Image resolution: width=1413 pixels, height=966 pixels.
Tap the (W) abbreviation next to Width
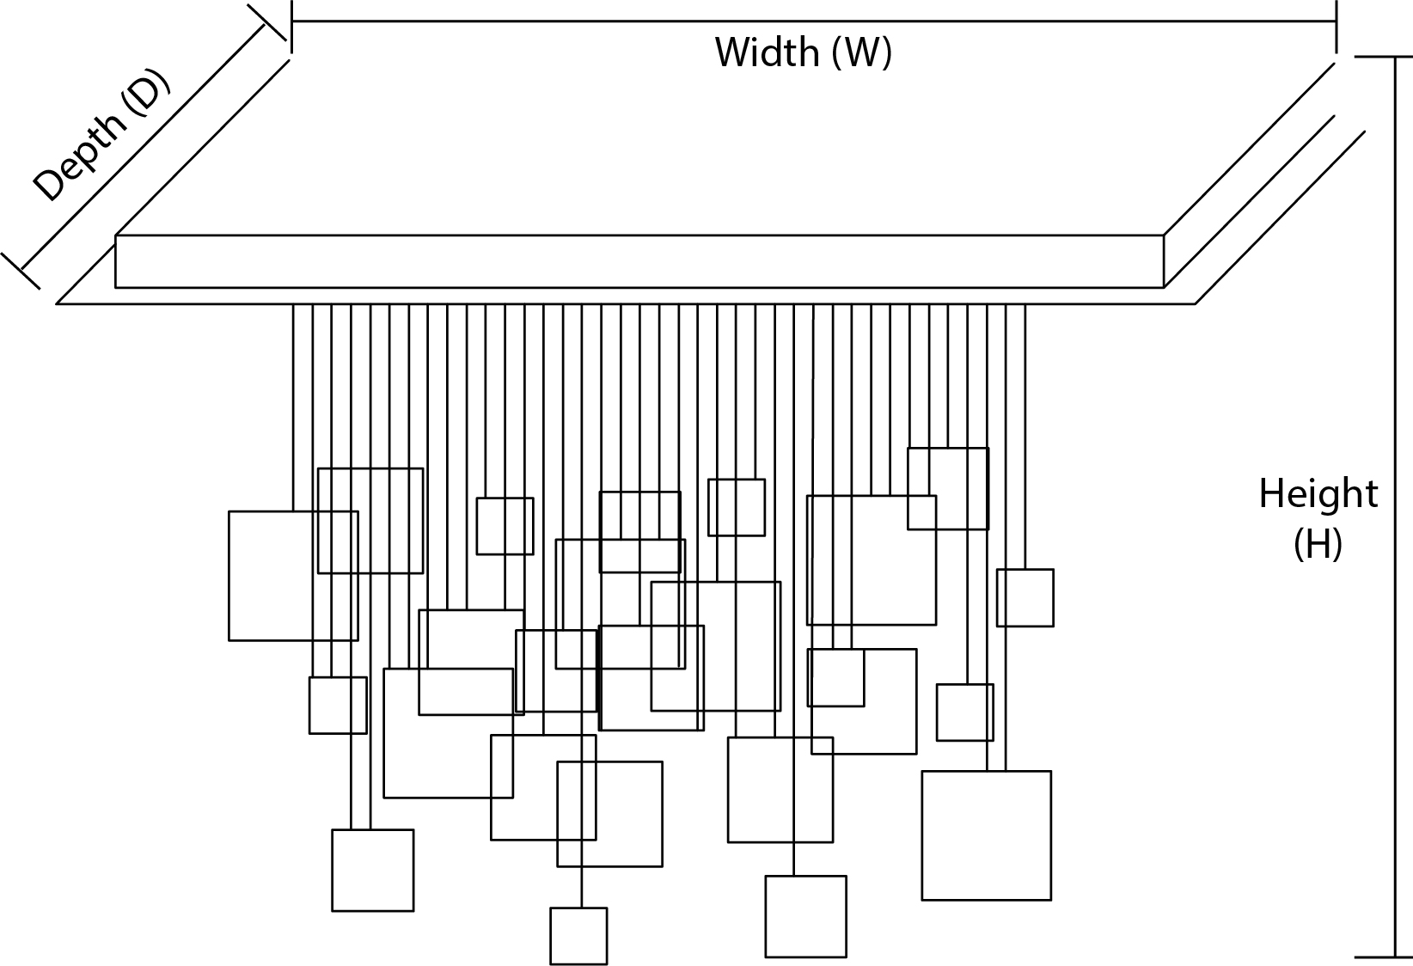[861, 53]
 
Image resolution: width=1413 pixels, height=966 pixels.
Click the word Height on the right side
[1318, 495]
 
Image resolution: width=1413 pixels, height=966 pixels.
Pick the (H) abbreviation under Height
[1318, 544]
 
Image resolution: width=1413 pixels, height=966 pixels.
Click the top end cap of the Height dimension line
[1392, 57]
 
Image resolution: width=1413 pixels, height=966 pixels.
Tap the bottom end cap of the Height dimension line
[1392, 956]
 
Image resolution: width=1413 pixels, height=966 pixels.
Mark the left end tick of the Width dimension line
[292, 26]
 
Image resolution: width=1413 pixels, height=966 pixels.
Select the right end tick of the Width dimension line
[1336, 26]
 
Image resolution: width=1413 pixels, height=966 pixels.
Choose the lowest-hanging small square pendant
[578, 936]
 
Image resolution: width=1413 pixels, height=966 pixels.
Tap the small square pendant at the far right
[1025, 597]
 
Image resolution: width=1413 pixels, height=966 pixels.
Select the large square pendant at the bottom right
[986, 835]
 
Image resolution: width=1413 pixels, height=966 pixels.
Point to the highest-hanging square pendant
[948, 488]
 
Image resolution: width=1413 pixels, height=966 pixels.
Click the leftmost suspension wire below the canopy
[294, 404]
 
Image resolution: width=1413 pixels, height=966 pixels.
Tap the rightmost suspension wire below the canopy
[1025, 430]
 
